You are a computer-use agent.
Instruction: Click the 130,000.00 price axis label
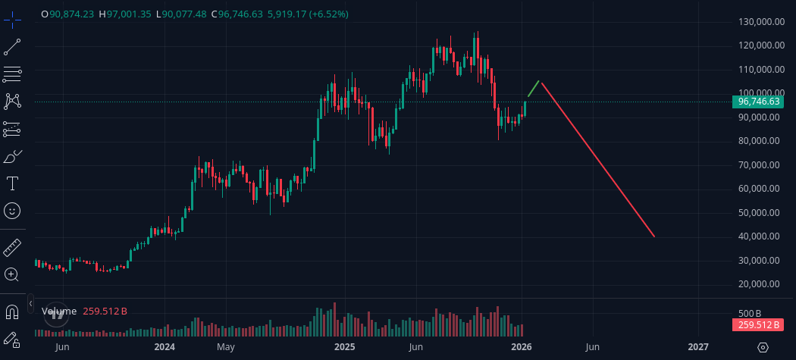coord(760,21)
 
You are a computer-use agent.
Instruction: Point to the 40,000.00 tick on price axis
coord(760,236)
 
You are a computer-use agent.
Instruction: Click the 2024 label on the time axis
coord(165,347)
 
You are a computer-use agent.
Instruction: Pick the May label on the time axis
coord(225,347)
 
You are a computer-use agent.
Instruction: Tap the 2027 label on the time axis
coord(698,347)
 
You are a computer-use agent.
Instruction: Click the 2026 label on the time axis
coord(521,347)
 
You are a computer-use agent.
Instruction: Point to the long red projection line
coord(597,159)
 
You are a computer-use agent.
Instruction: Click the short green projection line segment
coord(534,89)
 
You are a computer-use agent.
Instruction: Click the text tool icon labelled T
coord(12,183)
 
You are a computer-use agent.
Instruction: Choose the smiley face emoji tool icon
coord(12,210)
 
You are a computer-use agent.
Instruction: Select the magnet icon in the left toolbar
coord(12,311)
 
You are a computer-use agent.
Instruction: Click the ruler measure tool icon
coord(12,247)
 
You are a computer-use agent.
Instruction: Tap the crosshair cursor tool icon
coord(12,20)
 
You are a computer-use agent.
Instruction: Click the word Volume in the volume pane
coord(59,311)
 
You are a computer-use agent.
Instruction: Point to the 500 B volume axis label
coord(750,313)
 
